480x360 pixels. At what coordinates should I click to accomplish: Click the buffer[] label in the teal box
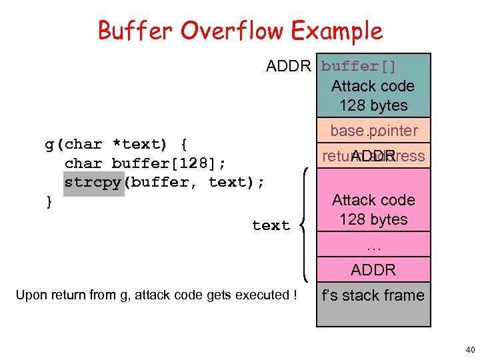tap(359, 66)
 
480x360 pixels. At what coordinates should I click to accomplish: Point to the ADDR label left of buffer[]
tap(288, 66)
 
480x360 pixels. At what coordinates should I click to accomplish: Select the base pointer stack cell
tap(373, 131)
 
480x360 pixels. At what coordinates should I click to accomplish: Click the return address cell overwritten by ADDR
tap(373, 156)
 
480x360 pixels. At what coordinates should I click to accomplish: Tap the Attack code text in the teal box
tap(373, 86)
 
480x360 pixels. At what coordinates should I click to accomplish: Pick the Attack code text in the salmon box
tap(373, 200)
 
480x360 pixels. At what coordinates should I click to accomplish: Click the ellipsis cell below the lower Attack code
tap(373, 246)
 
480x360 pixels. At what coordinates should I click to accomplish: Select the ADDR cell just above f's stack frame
tap(373, 270)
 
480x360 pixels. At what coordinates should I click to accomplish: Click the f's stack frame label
tap(373, 295)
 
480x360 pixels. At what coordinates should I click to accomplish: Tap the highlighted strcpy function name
tap(94, 182)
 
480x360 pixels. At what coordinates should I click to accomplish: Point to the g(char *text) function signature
tap(116, 144)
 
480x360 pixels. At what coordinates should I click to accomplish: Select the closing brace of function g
tap(48, 201)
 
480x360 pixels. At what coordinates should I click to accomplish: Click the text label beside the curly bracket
tap(271, 225)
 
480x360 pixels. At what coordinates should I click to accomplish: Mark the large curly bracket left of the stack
tap(306, 225)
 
